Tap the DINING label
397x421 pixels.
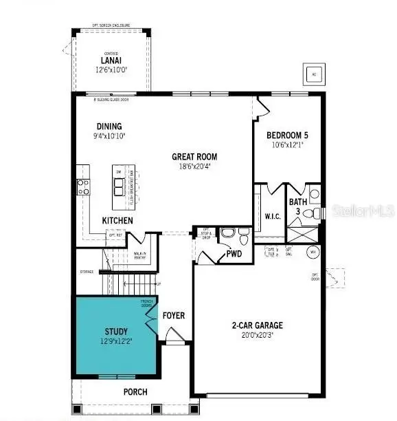[x=110, y=126]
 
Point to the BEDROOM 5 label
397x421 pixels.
[x=287, y=135]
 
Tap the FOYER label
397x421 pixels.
[x=174, y=316]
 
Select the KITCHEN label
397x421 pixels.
[x=117, y=220]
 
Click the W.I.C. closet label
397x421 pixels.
[x=273, y=216]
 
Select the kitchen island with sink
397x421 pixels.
[x=122, y=185]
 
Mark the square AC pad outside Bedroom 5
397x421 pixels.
[x=313, y=74]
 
